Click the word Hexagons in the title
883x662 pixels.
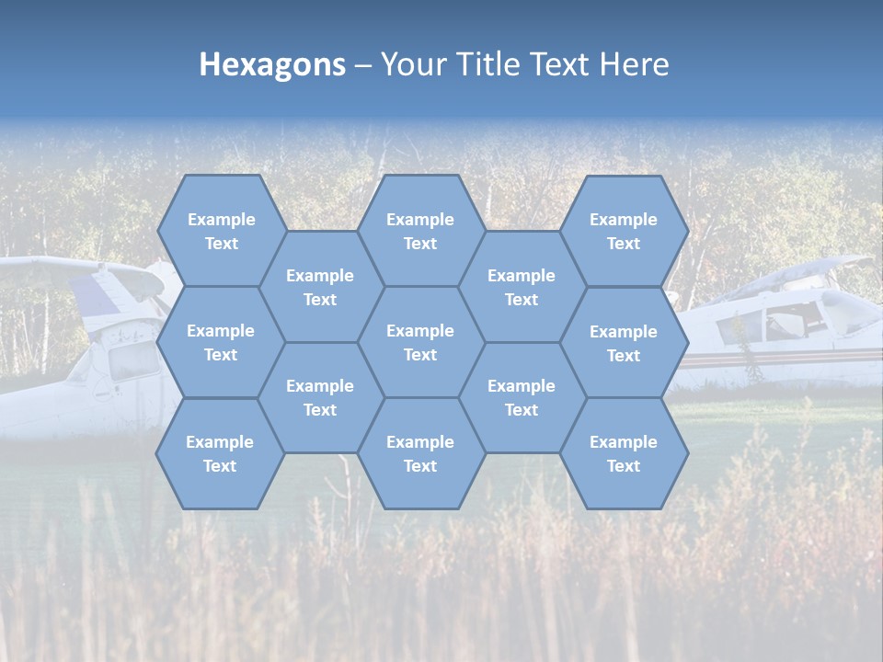click(272, 64)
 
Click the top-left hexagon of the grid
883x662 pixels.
click(221, 231)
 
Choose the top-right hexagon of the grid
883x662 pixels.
click(624, 231)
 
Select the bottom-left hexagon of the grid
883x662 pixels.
click(220, 453)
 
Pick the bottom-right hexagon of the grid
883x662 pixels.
click(624, 453)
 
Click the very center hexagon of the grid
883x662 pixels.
click(420, 342)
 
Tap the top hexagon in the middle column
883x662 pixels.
click(420, 231)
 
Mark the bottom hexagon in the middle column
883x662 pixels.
click(420, 453)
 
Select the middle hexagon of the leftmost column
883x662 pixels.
click(221, 342)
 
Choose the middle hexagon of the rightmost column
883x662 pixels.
click(624, 343)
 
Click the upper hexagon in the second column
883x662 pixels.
click(320, 287)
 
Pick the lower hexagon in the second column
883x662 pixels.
click(320, 397)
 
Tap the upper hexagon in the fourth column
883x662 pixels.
click(522, 287)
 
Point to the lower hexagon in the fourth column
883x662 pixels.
click(522, 397)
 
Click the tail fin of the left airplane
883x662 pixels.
click(106, 294)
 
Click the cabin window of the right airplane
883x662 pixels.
click(740, 326)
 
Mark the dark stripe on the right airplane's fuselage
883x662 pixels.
click(782, 357)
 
